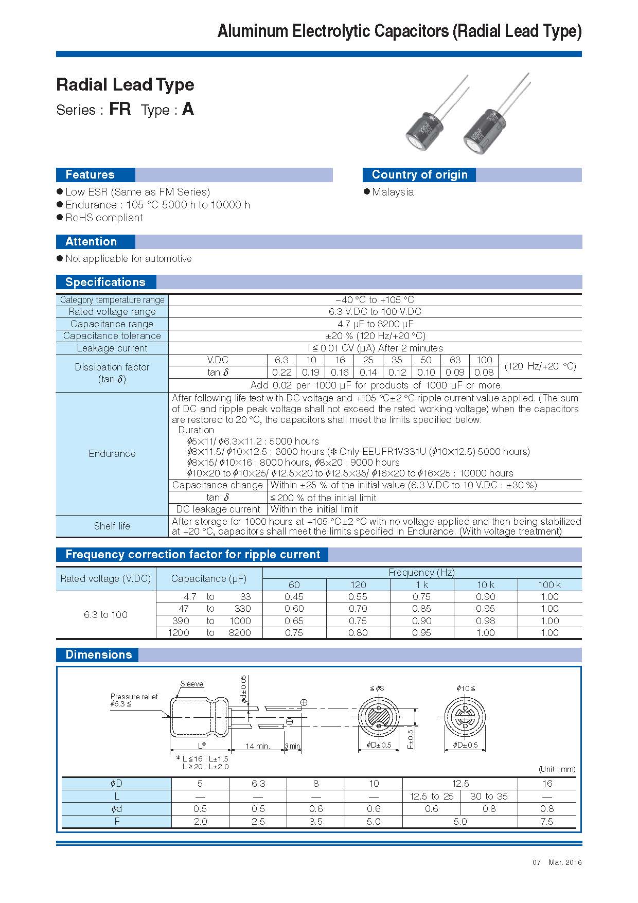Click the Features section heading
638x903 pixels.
click(x=90, y=175)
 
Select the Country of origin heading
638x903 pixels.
click(x=419, y=175)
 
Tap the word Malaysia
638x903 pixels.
click(x=393, y=192)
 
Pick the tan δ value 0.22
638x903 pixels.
click(x=281, y=373)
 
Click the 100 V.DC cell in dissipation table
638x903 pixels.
click(x=484, y=360)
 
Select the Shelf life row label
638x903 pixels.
click(x=112, y=526)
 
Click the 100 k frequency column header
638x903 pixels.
click(x=550, y=585)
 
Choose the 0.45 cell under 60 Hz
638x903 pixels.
click(x=294, y=597)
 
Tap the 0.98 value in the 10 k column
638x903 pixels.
click(x=485, y=621)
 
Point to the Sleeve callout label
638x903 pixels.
click(x=191, y=684)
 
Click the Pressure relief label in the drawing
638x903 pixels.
click(x=134, y=697)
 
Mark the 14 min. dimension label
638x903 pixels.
click(x=257, y=746)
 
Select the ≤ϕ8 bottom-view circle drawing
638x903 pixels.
click(x=379, y=717)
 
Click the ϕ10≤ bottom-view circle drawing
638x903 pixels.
click(x=465, y=717)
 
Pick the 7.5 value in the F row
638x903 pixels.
click(x=546, y=821)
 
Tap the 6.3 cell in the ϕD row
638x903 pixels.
click(x=258, y=784)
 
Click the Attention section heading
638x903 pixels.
click(x=91, y=242)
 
